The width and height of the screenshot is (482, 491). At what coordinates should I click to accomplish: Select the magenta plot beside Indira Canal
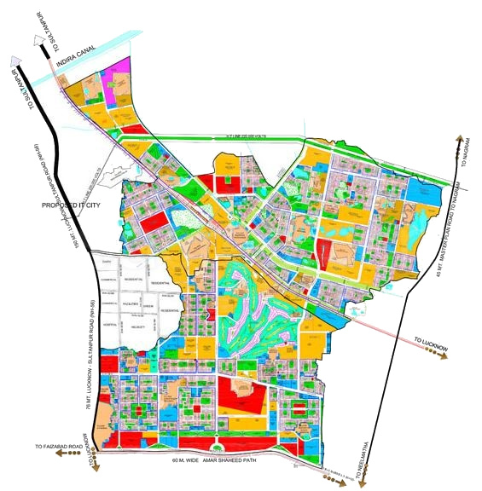[x=119, y=66]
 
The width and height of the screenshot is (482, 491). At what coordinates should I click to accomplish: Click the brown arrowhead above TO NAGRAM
[x=461, y=140]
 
